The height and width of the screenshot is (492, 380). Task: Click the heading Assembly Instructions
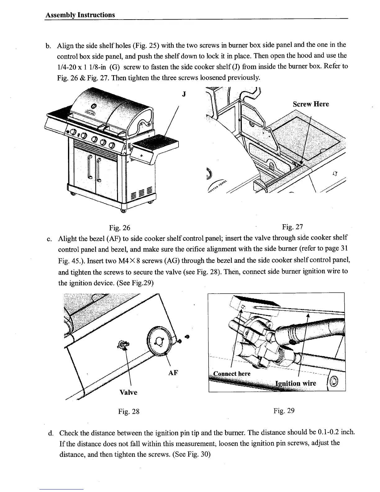80,15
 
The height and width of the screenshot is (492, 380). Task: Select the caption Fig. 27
292,227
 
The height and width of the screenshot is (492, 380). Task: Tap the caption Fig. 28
129,412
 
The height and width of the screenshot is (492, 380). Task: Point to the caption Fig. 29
284,411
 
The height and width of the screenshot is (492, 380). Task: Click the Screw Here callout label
311,104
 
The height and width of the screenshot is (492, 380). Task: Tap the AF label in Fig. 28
173,373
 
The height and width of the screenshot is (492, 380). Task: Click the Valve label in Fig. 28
128,392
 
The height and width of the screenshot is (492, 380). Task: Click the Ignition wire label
296,383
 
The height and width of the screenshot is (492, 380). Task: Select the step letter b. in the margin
48,46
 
